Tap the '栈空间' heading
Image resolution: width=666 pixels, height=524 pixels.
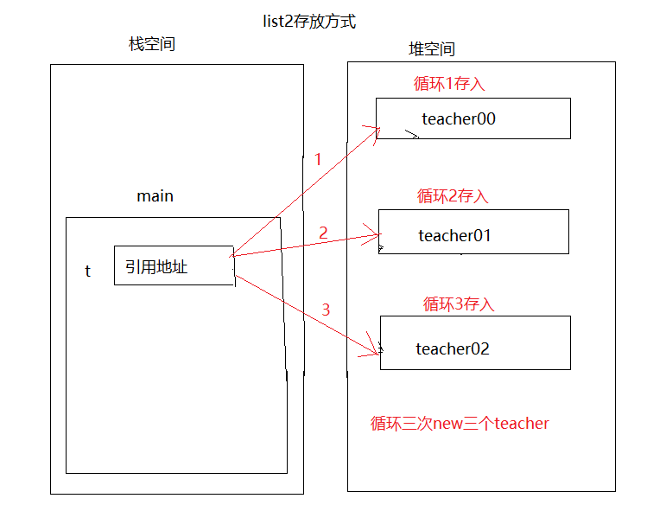[x=152, y=44]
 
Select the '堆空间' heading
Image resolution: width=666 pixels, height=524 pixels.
[x=431, y=49]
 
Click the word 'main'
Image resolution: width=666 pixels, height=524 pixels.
[x=155, y=196]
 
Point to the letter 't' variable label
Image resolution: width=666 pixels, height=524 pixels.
[x=87, y=272]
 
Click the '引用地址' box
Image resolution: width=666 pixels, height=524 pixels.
[x=174, y=265]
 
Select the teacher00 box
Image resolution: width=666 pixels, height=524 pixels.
[x=473, y=118]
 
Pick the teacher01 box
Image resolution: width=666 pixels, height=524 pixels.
[x=473, y=232]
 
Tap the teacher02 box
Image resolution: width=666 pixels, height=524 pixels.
[x=475, y=342]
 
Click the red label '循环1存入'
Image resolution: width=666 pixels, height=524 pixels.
[x=450, y=84]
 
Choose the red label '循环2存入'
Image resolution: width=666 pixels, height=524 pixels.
[x=453, y=196]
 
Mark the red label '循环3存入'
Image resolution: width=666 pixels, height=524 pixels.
[x=458, y=304]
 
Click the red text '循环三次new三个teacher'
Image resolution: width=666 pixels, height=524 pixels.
[x=460, y=424]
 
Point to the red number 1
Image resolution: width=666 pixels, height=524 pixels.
[x=318, y=160]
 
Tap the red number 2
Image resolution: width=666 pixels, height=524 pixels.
[x=323, y=233]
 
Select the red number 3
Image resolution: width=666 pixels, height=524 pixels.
[x=326, y=310]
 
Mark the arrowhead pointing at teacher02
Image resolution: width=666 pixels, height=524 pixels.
[x=377, y=350]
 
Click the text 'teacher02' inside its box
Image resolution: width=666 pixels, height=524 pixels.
[x=453, y=349]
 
